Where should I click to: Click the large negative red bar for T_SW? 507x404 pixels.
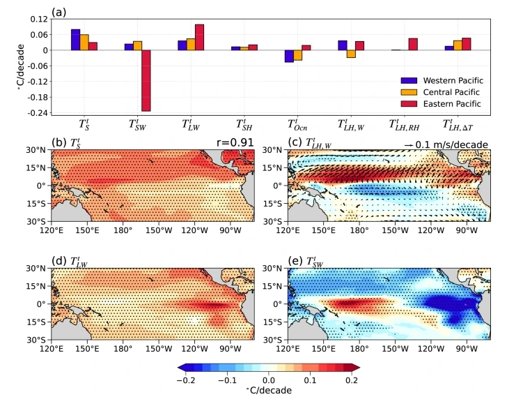pyautogui.click(x=146, y=80)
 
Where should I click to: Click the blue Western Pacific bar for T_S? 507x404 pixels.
pyautogui.click(x=75, y=40)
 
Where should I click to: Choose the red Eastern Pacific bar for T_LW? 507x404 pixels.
pyautogui.click(x=199, y=37)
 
